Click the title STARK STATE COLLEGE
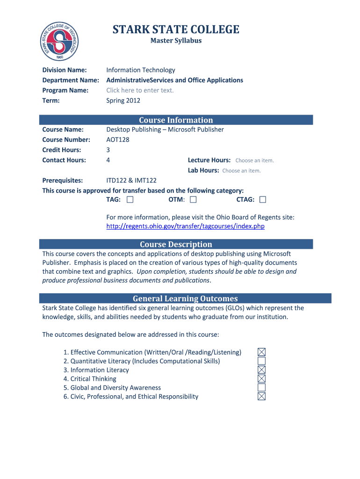point(176,30)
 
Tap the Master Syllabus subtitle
point(176,41)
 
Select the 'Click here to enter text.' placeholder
point(140,90)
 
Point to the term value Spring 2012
point(123,101)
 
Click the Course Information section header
point(176,120)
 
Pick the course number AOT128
point(118,140)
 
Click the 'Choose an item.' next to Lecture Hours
point(254,160)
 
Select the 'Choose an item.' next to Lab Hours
point(241,171)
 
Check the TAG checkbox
point(130,200)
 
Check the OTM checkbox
point(193,200)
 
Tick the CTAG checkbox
point(263,200)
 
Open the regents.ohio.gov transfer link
point(186,226)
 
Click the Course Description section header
point(176,244)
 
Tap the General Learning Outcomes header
point(185,298)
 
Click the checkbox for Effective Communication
point(262,352)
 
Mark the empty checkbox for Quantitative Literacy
point(262,361)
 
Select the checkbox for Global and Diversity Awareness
point(262,388)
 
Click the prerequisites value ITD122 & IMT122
point(131,181)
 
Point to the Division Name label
point(65,70)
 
